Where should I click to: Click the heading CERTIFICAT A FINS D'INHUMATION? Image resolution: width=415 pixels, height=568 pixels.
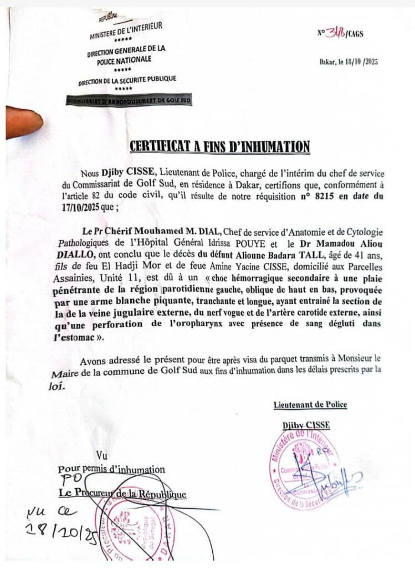click(x=219, y=146)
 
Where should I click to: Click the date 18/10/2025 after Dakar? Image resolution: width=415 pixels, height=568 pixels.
click(x=363, y=62)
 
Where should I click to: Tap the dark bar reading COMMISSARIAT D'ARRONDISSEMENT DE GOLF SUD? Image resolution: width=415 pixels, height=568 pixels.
click(x=129, y=100)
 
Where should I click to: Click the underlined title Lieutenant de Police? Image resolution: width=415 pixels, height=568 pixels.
click(x=310, y=404)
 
